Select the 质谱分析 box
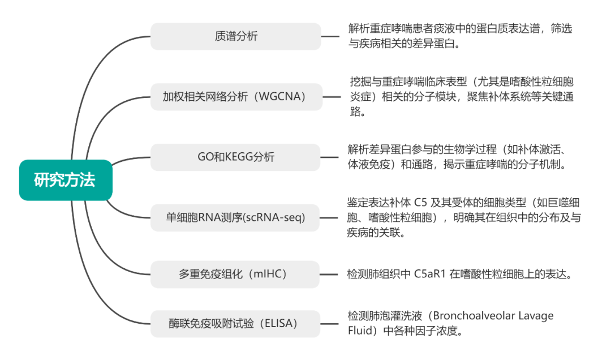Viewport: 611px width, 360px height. [x=236, y=36]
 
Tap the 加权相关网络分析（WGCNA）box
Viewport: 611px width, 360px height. [x=236, y=97]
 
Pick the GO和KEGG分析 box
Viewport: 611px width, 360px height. [x=236, y=157]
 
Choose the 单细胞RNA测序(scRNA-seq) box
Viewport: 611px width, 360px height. [x=236, y=217]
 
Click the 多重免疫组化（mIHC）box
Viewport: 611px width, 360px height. [x=236, y=274]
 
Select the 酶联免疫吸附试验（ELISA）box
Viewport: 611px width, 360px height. [x=236, y=324]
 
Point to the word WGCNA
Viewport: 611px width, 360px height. [x=279, y=97]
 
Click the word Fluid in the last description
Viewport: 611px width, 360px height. [x=359, y=331]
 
